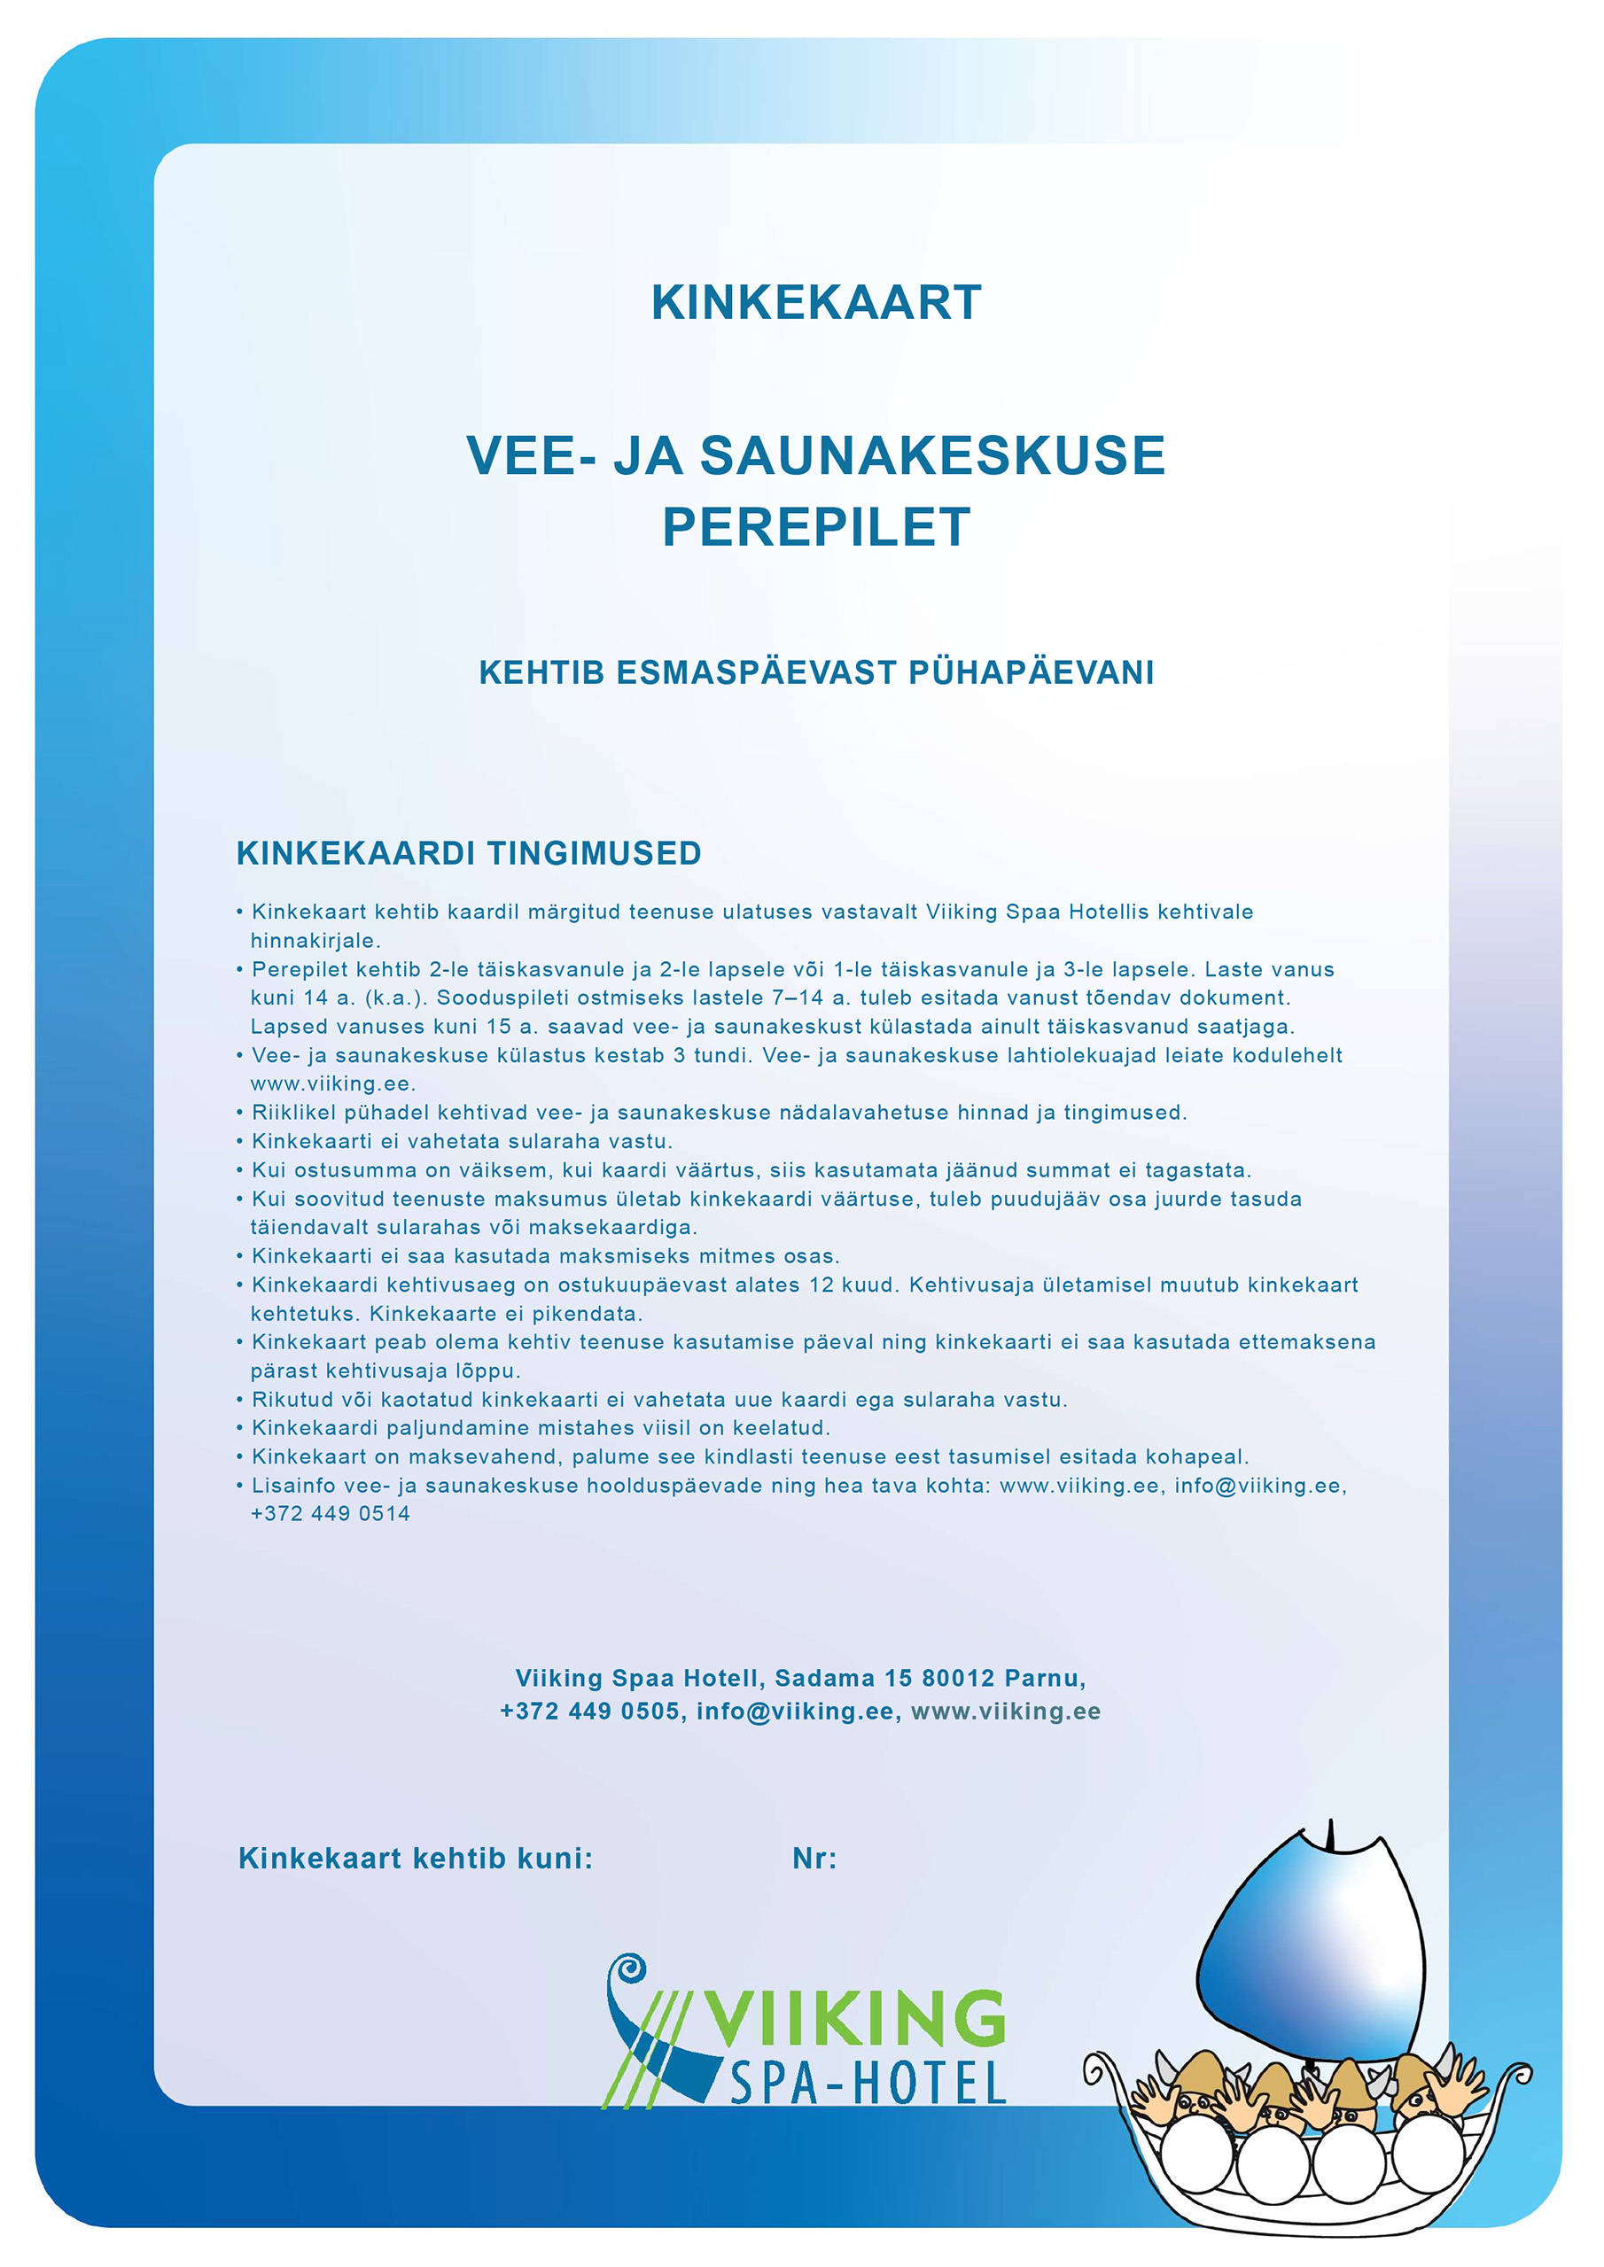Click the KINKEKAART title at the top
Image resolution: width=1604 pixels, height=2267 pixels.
(x=816, y=303)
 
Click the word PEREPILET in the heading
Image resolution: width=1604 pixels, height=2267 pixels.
(x=816, y=526)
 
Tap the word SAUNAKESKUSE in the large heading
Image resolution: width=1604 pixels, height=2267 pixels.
(x=932, y=456)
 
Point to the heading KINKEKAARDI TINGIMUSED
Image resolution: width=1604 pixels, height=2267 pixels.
(x=468, y=853)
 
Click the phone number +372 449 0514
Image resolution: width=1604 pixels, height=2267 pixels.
(x=330, y=1514)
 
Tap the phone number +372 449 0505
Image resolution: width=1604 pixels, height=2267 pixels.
(x=589, y=1712)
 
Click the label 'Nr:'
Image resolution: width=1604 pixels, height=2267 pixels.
(x=814, y=1859)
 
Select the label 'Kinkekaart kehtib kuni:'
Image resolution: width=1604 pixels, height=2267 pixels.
(x=416, y=1859)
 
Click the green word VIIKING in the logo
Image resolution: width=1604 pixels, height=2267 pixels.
(x=854, y=2019)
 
